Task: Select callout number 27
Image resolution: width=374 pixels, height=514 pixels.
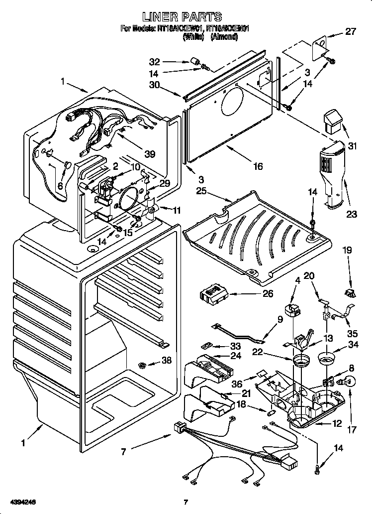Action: pos(351,32)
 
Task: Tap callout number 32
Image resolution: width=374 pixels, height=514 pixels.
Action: pos(155,62)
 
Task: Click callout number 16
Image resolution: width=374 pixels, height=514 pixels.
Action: pos(257,166)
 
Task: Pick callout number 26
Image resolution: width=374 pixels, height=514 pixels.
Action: pos(267,294)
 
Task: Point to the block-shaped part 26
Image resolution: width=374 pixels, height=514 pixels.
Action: pos(215,294)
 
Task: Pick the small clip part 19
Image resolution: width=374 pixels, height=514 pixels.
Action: pos(351,293)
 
